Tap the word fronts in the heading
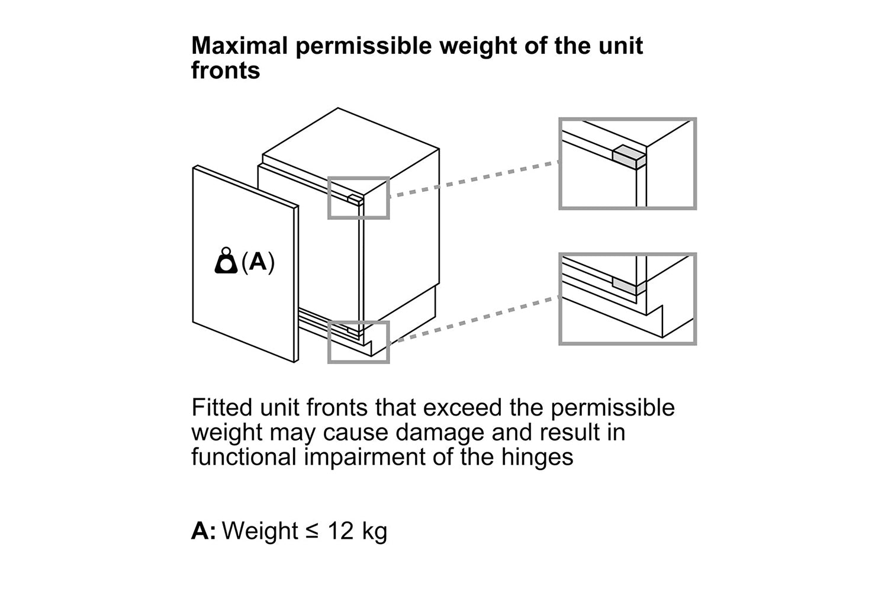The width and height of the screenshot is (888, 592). tap(226, 70)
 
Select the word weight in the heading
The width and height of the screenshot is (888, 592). tap(478, 47)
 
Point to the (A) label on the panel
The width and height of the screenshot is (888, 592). tap(258, 262)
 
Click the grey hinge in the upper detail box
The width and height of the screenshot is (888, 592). tap(629, 157)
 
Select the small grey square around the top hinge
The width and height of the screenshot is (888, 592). tap(358, 198)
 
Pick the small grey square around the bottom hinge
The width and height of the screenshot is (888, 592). tap(358, 342)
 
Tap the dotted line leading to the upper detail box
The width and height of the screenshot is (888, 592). tap(474, 179)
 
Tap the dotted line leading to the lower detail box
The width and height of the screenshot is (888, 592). tap(474, 319)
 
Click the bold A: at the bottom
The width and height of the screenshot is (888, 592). tap(204, 531)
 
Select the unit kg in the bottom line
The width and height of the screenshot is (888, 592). tap(374, 532)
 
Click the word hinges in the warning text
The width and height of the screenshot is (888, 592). tap(537, 457)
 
